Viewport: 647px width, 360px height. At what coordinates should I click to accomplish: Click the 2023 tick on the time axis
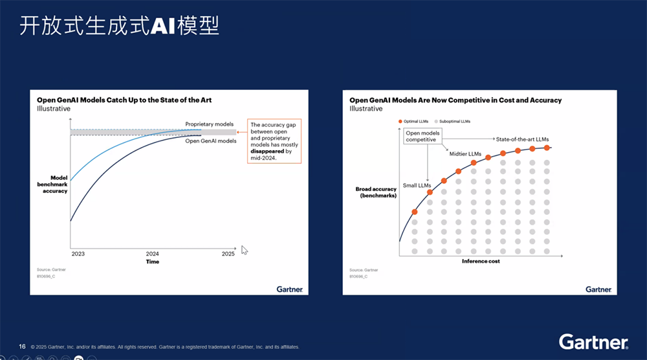point(78,254)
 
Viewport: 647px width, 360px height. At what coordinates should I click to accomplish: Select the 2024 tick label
point(153,254)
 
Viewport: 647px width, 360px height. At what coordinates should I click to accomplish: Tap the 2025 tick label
point(228,254)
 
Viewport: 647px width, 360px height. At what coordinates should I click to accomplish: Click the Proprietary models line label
point(209,124)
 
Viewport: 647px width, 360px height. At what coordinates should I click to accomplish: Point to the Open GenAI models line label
point(210,141)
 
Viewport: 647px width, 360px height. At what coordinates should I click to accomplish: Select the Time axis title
point(152,262)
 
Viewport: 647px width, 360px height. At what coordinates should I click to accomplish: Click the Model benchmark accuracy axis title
point(55,185)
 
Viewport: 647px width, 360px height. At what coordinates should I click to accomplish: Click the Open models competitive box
point(422,137)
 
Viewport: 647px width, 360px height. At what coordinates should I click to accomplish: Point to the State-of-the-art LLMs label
point(522,139)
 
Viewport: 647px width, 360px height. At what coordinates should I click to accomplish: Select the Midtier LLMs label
point(465,153)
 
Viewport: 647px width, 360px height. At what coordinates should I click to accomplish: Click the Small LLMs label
point(417,185)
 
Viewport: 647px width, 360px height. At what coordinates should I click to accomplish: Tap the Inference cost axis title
point(481,262)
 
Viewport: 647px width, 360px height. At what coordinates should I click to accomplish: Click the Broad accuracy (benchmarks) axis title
point(376,192)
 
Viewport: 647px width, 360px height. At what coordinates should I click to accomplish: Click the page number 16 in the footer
point(22,346)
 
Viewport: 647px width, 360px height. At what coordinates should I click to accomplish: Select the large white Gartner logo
point(593,342)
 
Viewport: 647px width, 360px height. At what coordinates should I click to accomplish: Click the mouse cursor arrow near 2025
point(245,250)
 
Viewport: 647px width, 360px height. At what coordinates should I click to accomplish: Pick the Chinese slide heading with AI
point(119,27)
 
